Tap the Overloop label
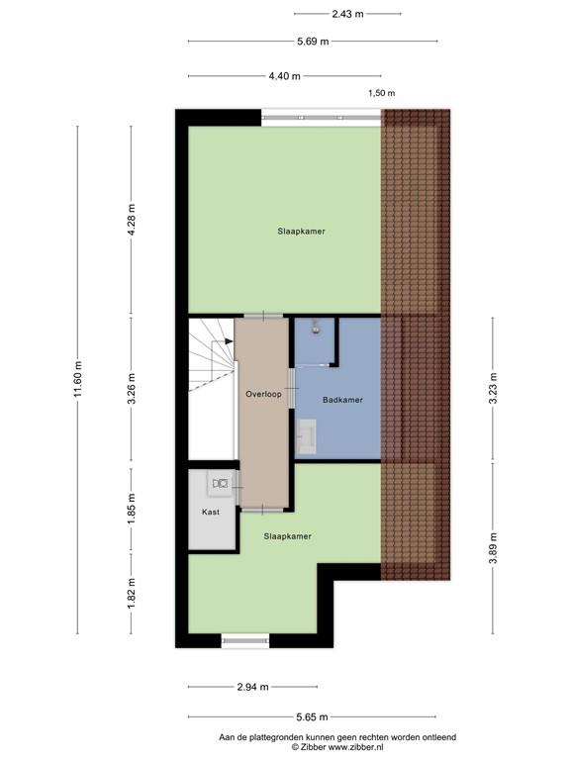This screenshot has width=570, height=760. pyautogui.click(x=264, y=394)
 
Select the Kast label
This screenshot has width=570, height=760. pyautogui.click(x=210, y=512)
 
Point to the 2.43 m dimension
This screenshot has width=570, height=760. pyautogui.click(x=346, y=14)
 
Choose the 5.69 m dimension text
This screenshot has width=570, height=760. pyautogui.click(x=313, y=42)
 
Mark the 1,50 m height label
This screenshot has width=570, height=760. pyautogui.click(x=381, y=93)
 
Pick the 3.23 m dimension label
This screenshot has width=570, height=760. pyautogui.click(x=493, y=389)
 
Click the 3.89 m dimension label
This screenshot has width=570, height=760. pyautogui.click(x=493, y=545)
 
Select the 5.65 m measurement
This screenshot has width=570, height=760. pyautogui.click(x=313, y=717)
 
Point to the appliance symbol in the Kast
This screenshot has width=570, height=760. pyautogui.click(x=221, y=483)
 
